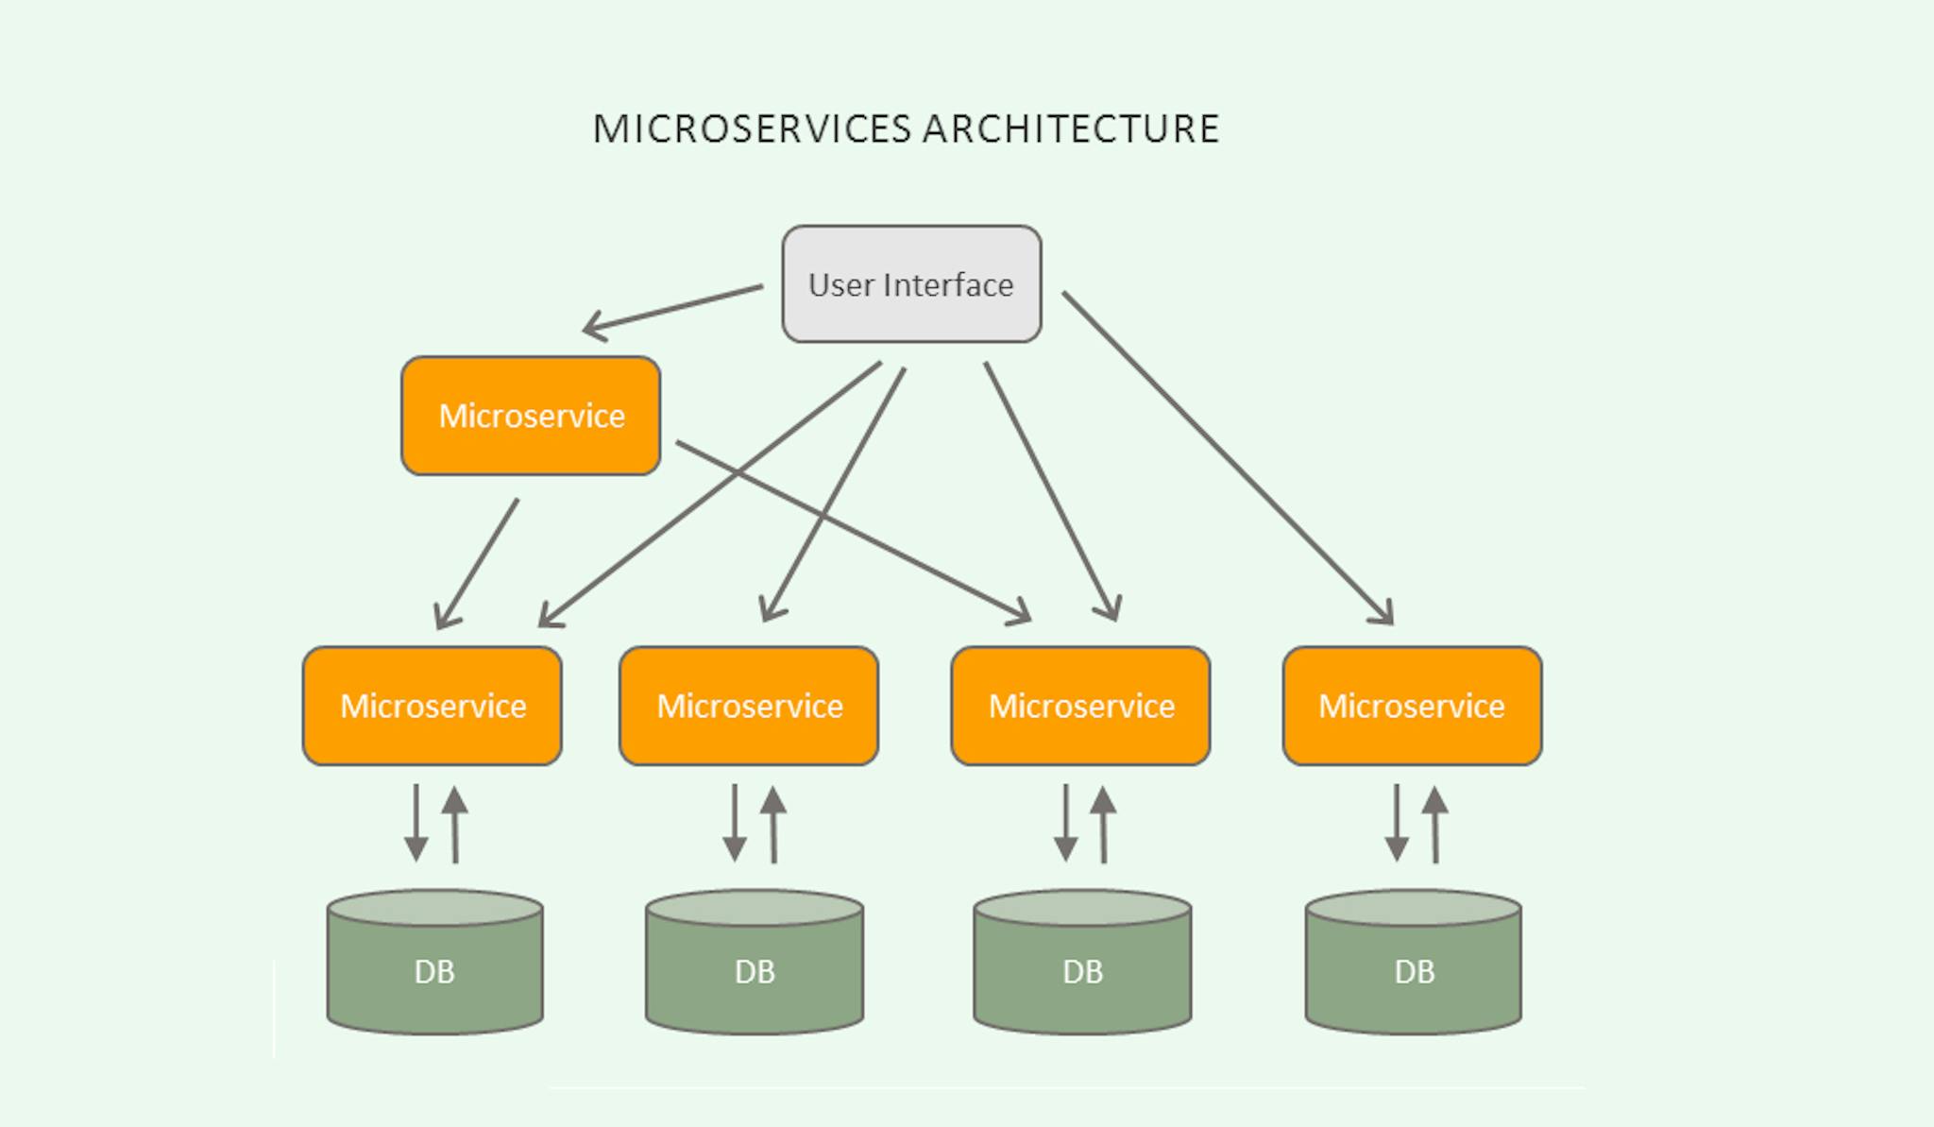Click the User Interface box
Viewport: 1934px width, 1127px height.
911,283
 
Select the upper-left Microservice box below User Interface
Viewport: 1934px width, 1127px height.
531,416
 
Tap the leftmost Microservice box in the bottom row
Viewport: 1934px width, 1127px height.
433,706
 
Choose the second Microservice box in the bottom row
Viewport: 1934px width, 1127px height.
749,706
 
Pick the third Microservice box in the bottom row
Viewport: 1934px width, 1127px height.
1080,706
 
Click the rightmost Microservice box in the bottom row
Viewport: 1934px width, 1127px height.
1412,706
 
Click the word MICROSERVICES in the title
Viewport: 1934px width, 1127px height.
752,128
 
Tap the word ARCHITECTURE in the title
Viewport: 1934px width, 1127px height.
1071,128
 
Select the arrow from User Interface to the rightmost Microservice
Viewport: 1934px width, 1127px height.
1228,458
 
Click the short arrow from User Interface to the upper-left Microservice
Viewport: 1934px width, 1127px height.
672,309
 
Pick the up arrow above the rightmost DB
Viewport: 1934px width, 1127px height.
1435,824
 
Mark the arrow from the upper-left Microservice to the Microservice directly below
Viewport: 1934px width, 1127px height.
477,564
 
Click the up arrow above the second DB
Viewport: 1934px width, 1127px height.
773,824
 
